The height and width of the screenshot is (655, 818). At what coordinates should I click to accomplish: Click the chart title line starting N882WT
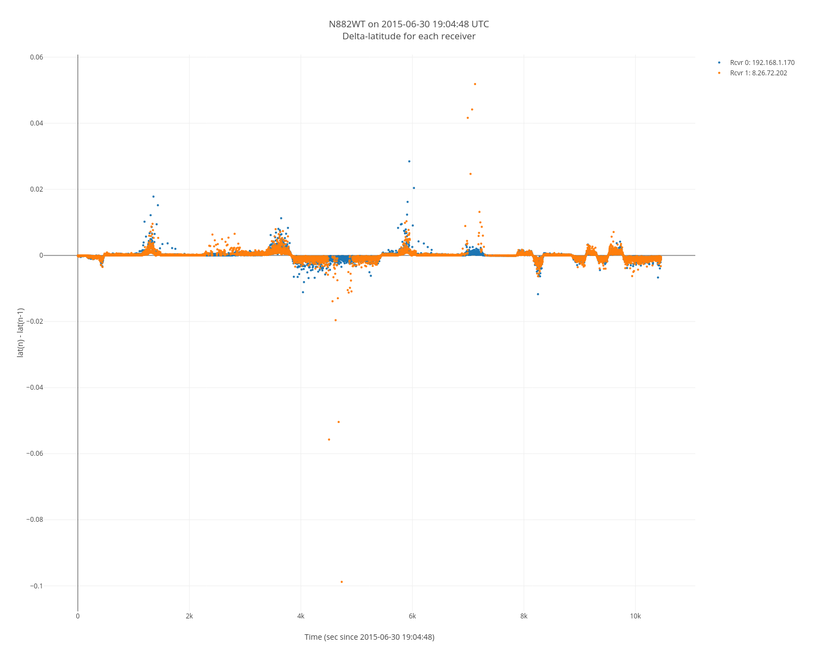click(x=408, y=24)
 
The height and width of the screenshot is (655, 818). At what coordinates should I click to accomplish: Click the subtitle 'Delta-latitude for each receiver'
click(x=408, y=37)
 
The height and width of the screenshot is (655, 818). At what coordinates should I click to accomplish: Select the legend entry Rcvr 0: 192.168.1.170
click(x=762, y=63)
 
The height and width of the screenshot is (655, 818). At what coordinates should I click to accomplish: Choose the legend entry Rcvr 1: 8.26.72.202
click(x=758, y=73)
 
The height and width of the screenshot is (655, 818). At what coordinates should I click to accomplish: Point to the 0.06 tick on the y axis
click(x=36, y=57)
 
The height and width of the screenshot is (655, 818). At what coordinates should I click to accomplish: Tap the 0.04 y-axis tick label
click(x=36, y=123)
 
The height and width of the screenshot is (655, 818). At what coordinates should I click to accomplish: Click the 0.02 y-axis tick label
click(x=36, y=189)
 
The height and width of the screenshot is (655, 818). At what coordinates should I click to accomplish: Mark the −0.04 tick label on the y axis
click(x=34, y=388)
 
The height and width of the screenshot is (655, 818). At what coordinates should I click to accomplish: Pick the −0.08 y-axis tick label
click(x=34, y=520)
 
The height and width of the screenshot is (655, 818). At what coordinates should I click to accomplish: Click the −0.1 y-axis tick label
click(x=36, y=586)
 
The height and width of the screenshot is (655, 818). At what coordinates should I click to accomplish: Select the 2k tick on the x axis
click(x=189, y=616)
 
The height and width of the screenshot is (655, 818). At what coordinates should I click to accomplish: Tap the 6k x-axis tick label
click(x=412, y=616)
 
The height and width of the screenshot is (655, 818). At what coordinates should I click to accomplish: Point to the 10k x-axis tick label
click(x=635, y=616)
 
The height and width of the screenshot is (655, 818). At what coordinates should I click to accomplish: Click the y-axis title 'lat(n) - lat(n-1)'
click(x=21, y=332)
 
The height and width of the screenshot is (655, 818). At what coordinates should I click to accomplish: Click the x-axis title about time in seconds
click(x=369, y=637)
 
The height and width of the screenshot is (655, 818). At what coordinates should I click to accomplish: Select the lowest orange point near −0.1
click(x=342, y=582)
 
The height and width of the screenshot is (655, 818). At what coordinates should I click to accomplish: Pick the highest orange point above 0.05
click(x=475, y=84)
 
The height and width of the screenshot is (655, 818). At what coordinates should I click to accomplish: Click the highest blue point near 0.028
click(x=409, y=161)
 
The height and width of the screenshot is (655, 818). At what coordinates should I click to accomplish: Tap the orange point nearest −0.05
click(x=339, y=422)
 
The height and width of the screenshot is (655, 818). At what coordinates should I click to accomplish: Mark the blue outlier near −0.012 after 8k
click(x=538, y=294)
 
